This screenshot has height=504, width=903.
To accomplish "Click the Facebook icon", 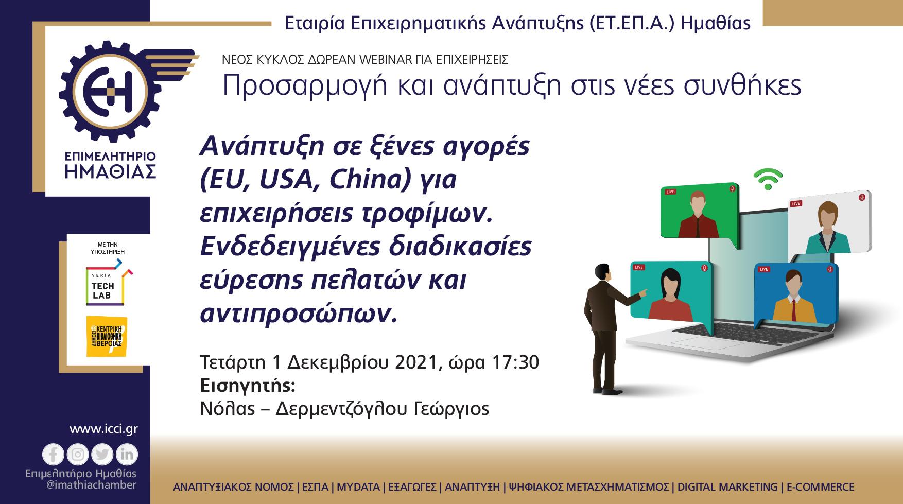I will point(53,455).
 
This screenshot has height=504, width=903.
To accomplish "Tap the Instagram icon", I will point(78,455).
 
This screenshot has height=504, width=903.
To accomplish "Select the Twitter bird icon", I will point(102,455).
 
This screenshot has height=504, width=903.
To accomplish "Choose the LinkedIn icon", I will point(127,455).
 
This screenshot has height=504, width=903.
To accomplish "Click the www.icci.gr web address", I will point(103,429).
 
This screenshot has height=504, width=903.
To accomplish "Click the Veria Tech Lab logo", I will point(106,285).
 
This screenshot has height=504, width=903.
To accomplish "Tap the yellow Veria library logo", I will point(106,336).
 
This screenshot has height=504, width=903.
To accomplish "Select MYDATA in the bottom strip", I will point(358,487).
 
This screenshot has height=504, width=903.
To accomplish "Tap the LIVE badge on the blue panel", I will point(763,269).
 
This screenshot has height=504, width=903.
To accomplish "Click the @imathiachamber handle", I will point(81,485).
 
